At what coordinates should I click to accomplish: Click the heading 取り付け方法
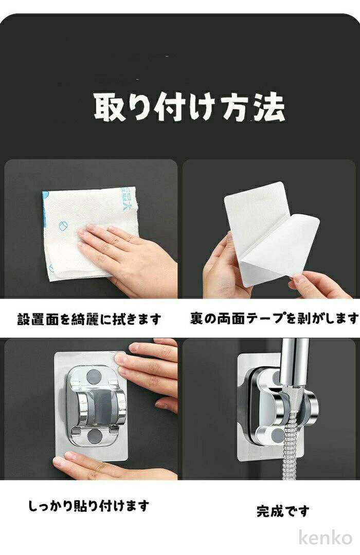tap(189, 107)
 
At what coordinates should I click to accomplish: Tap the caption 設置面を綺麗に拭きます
tap(89, 319)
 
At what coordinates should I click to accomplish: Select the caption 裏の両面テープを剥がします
tap(274, 319)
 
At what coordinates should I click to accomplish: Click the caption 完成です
tap(283, 511)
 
